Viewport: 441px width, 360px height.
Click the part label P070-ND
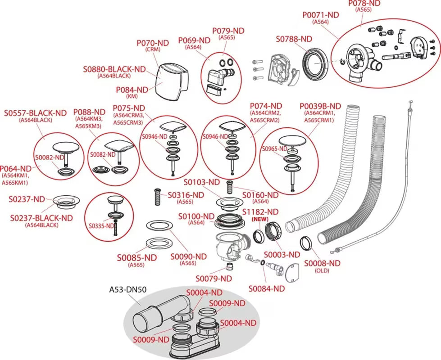click(152, 43)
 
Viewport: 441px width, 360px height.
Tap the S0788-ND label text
click(294, 39)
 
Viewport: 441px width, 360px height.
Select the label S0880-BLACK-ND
click(114, 69)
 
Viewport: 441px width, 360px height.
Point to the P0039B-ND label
click(319, 106)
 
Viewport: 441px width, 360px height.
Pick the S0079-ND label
click(214, 279)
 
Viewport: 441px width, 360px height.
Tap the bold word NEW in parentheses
click(260, 219)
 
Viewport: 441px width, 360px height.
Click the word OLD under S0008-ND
click(322, 270)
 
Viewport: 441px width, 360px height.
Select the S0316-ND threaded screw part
click(158, 197)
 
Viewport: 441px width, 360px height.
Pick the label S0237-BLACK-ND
click(41, 218)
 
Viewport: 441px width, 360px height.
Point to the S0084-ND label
click(267, 288)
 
